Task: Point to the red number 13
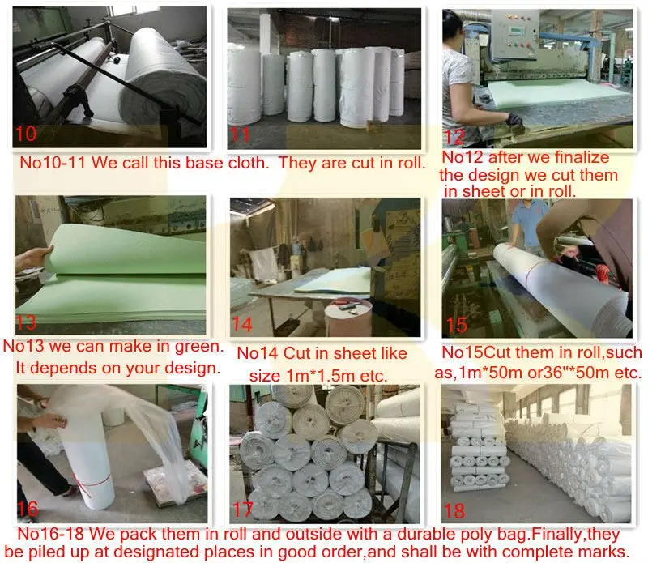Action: pos(27,322)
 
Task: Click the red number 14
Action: pos(242,325)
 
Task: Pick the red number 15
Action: pos(457,325)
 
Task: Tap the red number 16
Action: pos(28,509)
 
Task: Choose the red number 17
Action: pos(243,510)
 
